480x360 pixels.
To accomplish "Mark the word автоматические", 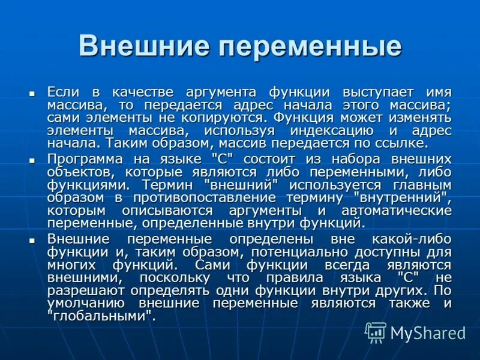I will click(x=396, y=211).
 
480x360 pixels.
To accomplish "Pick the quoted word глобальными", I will click(x=101, y=316).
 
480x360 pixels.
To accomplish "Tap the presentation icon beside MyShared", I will click(x=376, y=332).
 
